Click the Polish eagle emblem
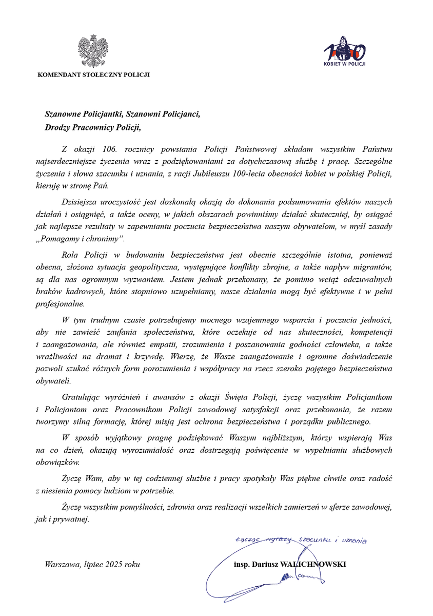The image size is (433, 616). (93, 52)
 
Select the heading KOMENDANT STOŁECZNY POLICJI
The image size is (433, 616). (93, 75)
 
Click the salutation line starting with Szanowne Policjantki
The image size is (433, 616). (123, 114)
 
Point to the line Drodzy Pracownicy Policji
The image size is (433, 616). (92, 127)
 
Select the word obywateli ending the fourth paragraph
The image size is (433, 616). (54, 381)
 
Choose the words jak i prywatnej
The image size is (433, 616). (64, 519)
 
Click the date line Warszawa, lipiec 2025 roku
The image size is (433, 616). (92, 565)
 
